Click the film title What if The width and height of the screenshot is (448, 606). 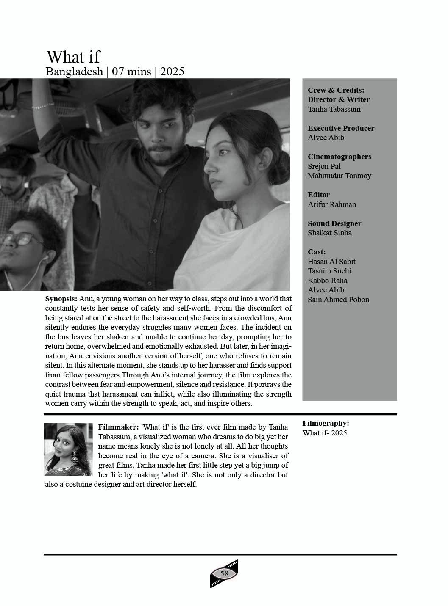[x=73, y=57]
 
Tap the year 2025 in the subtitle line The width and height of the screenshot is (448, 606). [x=172, y=72]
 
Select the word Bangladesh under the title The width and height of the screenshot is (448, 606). [x=74, y=72]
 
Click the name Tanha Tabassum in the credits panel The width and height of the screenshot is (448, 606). [x=334, y=109]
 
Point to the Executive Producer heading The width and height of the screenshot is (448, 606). [x=341, y=128]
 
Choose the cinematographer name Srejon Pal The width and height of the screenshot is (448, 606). [x=324, y=166]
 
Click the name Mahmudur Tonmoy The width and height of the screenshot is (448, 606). [x=339, y=176]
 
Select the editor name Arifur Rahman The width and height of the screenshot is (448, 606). [x=332, y=204]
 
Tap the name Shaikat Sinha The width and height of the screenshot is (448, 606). [x=329, y=233]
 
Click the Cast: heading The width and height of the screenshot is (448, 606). [x=317, y=252]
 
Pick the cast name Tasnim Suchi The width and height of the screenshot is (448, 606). [x=329, y=271]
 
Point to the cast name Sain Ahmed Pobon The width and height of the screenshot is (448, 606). [x=338, y=300]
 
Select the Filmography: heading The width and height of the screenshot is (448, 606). [x=326, y=423]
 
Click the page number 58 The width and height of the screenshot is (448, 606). [x=224, y=574]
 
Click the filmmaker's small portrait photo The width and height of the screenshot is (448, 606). [x=68, y=449]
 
